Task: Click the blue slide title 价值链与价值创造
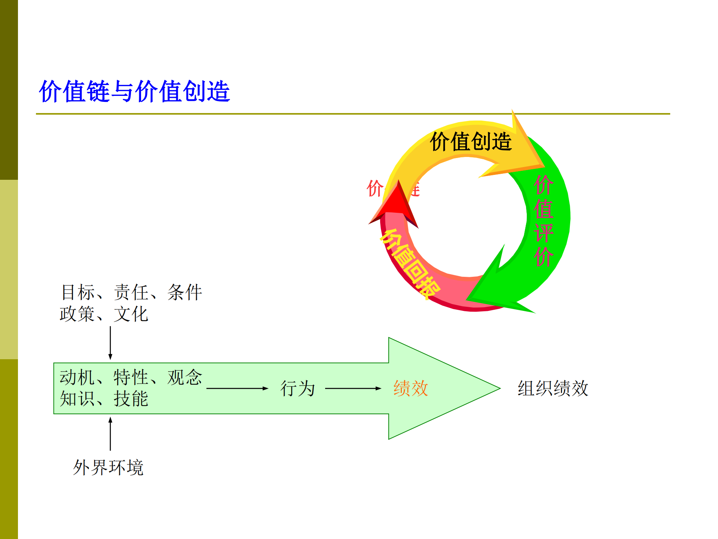[134, 91]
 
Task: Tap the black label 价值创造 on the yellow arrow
[471, 142]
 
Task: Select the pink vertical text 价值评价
[543, 221]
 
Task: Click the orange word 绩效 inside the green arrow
[410, 388]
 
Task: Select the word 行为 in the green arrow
[297, 388]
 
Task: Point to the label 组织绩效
[553, 388]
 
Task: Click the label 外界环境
[108, 467]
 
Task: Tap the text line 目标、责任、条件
[131, 292]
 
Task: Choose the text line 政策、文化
[104, 314]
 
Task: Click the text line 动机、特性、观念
[131, 377]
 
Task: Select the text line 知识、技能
[104, 399]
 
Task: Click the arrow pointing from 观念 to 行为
[237, 388]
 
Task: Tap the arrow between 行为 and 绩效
[353, 388]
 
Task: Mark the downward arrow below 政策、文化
[110, 343]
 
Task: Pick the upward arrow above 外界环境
[110, 434]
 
